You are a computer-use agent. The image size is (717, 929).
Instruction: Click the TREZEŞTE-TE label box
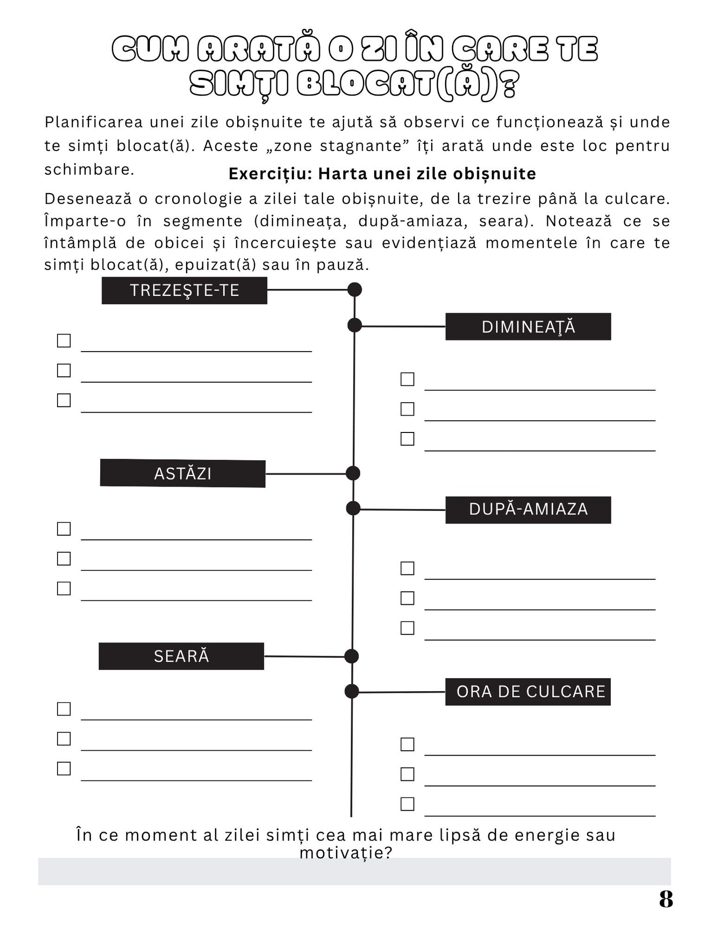pyautogui.click(x=184, y=290)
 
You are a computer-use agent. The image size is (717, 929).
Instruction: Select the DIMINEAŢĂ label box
pyautogui.click(x=528, y=327)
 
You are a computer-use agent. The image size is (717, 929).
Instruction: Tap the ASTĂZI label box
pyautogui.click(x=183, y=473)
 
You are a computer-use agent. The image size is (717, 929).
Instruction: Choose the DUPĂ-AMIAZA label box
pyautogui.click(x=528, y=509)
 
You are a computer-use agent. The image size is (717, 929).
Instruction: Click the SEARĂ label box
pyautogui.click(x=181, y=656)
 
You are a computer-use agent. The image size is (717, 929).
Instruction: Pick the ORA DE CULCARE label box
pyautogui.click(x=528, y=692)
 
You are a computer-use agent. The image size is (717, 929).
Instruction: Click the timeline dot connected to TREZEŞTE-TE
pyautogui.click(x=354, y=289)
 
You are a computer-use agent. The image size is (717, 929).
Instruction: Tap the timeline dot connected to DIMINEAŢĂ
pyautogui.click(x=354, y=325)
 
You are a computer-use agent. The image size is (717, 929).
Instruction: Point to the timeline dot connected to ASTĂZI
pyautogui.click(x=353, y=473)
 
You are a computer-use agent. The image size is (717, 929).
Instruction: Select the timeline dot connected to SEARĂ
pyautogui.click(x=351, y=656)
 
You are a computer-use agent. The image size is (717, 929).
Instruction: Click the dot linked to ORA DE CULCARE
pyautogui.click(x=351, y=691)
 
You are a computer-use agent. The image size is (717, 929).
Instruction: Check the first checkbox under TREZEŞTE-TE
pyautogui.click(x=64, y=341)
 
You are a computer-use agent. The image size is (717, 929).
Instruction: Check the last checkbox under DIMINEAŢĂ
pyautogui.click(x=407, y=439)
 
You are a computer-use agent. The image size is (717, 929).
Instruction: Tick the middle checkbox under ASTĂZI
pyautogui.click(x=64, y=559)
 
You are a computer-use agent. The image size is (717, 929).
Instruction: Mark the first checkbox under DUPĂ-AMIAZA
pyautogui.click(x=407, y=568)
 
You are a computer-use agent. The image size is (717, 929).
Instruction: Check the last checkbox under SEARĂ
pyautogui.click(x=64, y=769)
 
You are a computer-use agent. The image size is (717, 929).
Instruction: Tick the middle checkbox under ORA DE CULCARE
pyautogui.click(x=407, y=774)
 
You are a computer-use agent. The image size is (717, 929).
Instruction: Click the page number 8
pyautogui.click(x=666, y=899)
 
